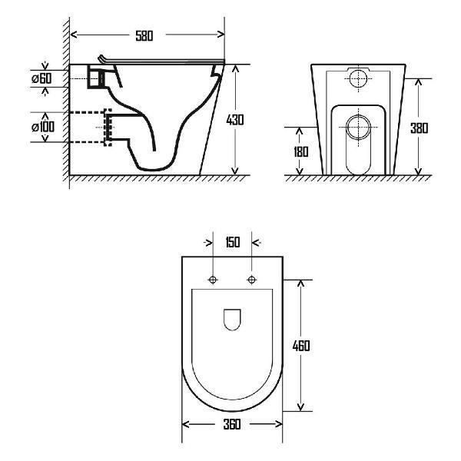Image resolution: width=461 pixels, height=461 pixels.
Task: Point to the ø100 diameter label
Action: click(x=41, y=126)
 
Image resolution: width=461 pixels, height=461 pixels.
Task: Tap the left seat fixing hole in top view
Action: click(x=214, y=279)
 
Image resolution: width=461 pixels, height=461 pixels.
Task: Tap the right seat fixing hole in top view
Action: click(x=251, y=279)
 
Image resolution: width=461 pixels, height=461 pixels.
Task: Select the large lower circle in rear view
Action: click(x=357, y=126)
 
